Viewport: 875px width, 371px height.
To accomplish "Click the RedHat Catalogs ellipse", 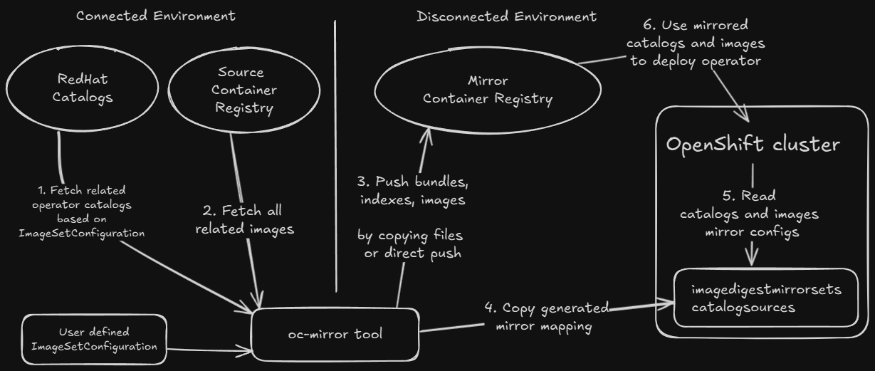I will (x=82, y=88).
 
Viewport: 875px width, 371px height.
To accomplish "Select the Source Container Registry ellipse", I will (x=240, y=90).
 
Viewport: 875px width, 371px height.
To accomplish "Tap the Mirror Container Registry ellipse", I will (x=487, y=90).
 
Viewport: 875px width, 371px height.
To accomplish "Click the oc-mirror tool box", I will (x=334, y=334).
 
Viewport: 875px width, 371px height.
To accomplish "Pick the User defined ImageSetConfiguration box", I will (x=94, y=340).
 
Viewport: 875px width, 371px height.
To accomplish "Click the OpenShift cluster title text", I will (x=753, y=145).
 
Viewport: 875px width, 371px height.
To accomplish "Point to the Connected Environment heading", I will (x=155, y=15).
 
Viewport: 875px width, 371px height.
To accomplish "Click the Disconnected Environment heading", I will (x=506, y=15).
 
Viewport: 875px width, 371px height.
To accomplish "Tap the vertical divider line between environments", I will (x=335, y=157).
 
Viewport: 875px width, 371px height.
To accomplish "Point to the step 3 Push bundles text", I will (x=411, y=190).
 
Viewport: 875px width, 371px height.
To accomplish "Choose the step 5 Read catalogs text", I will (x=749, y=214).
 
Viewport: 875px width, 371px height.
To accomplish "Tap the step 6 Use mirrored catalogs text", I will (x=695, y=44).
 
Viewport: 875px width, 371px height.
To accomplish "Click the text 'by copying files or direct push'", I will (x=412, y=244).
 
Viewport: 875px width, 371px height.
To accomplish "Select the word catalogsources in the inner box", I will (x=743, y=308).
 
